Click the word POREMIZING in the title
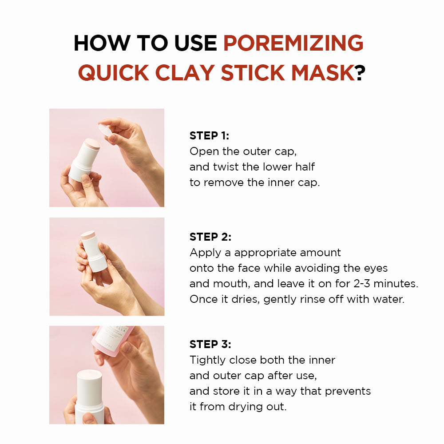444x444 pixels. [x=293, y=43]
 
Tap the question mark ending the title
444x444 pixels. [x=360, y=72]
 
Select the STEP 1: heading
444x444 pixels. [x=209, y=136]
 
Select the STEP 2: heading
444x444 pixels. [x=210, y=237]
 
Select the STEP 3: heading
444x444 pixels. [x=210, y=344]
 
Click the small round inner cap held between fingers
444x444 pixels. [x=106, y=131]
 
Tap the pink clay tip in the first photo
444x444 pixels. [x=92, y=144]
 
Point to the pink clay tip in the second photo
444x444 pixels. [x=88, y=235]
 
